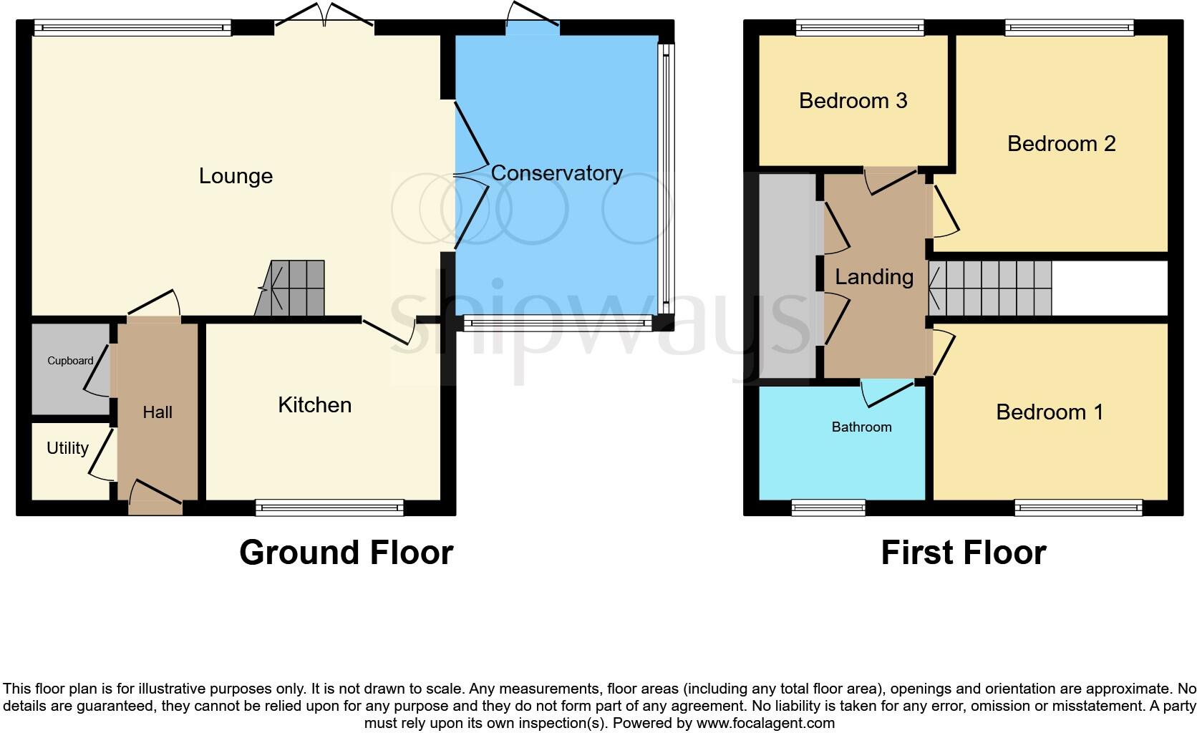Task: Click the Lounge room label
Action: pos(236,176)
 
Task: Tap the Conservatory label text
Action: pos(556,173)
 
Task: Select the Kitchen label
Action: pos(314,405)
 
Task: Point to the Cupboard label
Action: pos(70,361)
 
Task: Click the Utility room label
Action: pos(67,448)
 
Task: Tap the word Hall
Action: pos(157,412)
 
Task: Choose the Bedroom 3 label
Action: pos(853,101)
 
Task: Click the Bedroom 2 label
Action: pos(1061,144)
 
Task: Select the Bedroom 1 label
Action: pos(1049,412)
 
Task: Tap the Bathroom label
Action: pos(861,427)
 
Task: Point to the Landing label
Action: pos(874,277)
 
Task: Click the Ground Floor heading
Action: pos(346,553)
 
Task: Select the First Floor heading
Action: pos(963,553)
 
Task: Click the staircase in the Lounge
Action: pos(291,288)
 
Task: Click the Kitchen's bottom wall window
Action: pos(329,508)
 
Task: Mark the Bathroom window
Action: pos(828,508)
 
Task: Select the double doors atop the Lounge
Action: pos(325,18)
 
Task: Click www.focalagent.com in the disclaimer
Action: pos(765,723)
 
